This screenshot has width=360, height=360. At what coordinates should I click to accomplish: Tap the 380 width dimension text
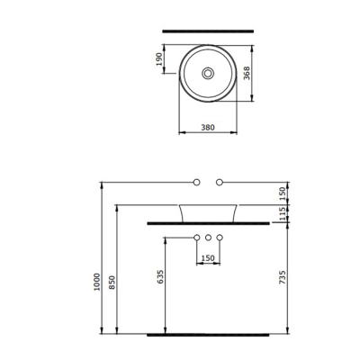208,128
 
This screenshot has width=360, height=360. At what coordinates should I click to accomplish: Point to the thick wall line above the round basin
208,31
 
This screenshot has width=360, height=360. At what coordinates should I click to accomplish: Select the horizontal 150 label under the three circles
208,260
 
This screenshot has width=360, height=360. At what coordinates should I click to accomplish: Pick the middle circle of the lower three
208,238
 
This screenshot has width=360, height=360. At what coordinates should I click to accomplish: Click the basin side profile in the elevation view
208,212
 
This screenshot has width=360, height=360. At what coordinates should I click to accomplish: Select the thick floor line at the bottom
208,332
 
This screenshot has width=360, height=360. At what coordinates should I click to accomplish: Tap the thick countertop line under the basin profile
208,221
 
